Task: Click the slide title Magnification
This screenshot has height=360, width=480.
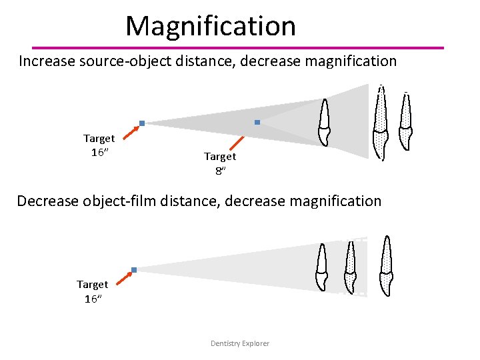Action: point(211,27)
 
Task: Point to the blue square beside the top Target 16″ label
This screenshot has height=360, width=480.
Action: point(142,123)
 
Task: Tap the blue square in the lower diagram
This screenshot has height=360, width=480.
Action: point(134,270)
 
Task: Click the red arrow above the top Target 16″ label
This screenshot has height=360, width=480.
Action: point(133,131)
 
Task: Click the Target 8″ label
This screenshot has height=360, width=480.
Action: point(219,163)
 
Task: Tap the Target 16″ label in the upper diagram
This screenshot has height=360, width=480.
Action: point(99,145)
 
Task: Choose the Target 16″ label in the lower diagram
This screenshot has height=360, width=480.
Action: point(92,291)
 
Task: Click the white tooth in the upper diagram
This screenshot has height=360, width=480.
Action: point(324,123)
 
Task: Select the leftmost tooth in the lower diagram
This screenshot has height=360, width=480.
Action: point(322,267)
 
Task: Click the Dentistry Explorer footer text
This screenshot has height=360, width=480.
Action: point(240,343)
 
